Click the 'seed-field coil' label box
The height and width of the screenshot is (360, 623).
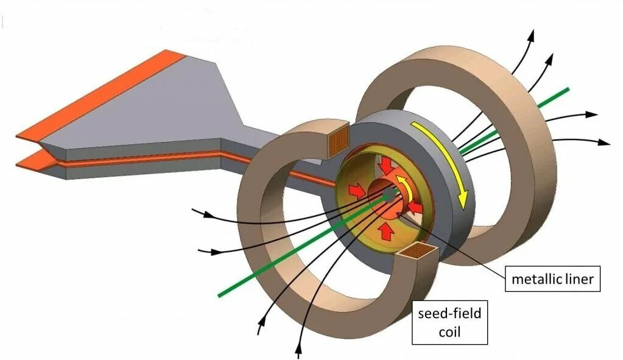click(449, 322)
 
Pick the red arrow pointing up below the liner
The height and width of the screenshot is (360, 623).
click(384, 230)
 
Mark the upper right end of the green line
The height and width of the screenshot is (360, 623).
click(567, 90)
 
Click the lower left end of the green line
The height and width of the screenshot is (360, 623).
click(220, 295)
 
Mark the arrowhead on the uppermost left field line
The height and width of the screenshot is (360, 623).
click(211, 215)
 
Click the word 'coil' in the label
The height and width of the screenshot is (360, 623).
click(449, 332)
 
